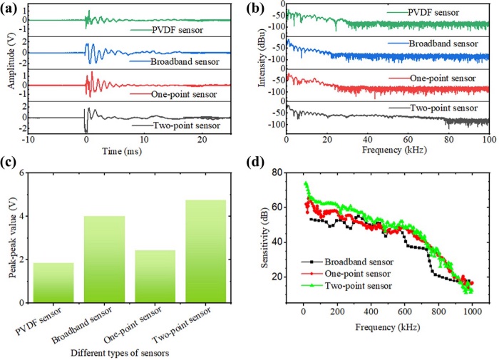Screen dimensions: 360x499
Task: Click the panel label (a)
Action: pyautogui.click(x=11, y=9)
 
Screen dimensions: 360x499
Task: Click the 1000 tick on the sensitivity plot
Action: pyautogui.click(x=471, y=311)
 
